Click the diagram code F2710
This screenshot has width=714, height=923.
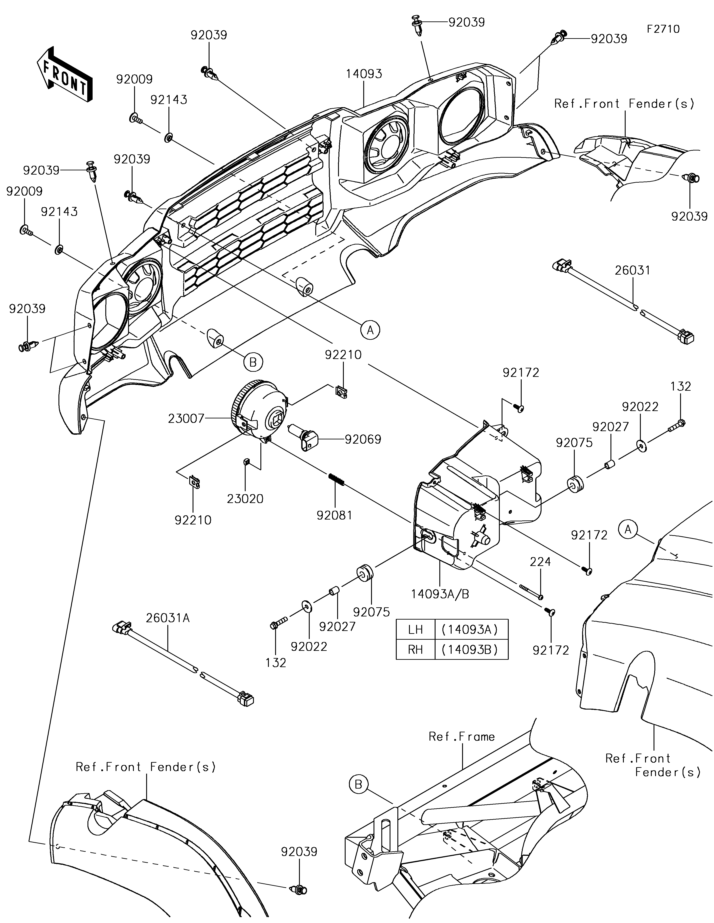click(663, 29)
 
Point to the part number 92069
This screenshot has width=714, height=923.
click(363, 440)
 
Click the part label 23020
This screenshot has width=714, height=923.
click(245, 499)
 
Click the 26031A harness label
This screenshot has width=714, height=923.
click(168, 618)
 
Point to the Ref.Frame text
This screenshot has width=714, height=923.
click(461, 737)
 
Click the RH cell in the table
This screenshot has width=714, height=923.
click(415, 649)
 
